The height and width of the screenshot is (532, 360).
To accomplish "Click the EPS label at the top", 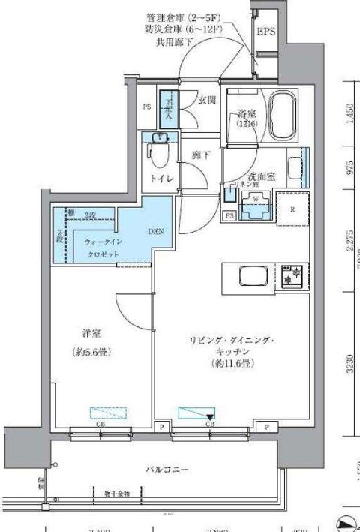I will [x=266, y=32].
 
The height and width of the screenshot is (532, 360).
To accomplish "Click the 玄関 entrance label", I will [x=208, y=100].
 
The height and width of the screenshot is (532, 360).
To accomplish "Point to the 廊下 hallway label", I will [x=200, y=155].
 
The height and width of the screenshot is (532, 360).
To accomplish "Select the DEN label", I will [x=156, y=230].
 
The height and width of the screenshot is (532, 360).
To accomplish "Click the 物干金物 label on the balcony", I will [x=115, y=494].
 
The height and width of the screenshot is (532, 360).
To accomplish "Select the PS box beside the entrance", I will [x=147, y=107].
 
